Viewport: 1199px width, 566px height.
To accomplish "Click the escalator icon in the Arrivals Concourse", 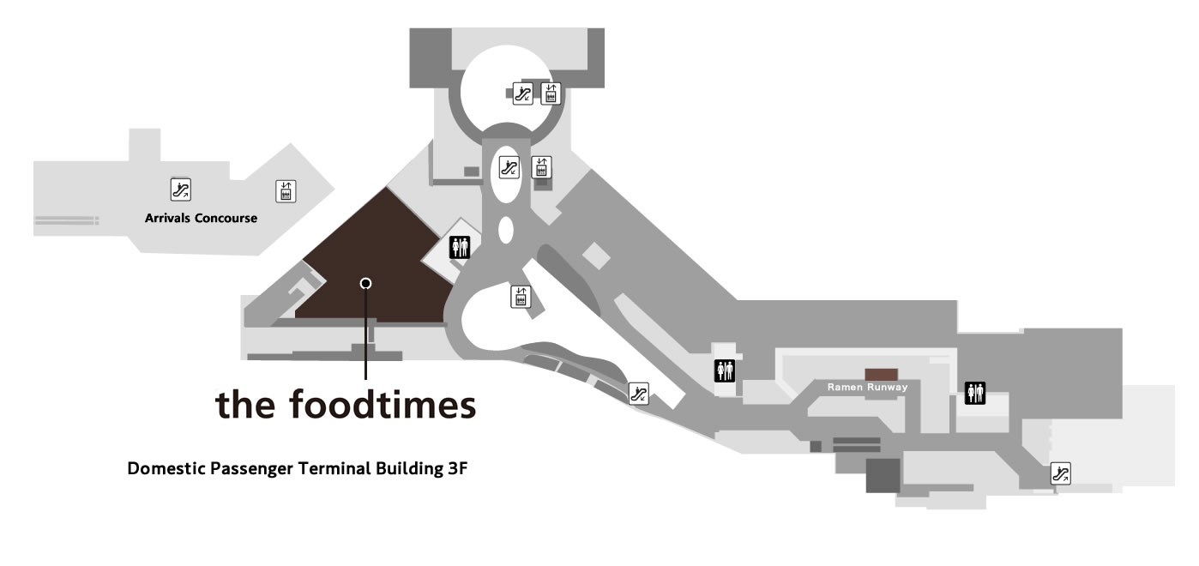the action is coord(181,190).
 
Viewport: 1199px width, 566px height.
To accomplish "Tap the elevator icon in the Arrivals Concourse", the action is coord(286,191).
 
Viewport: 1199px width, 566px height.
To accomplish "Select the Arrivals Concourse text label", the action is coord(201,218).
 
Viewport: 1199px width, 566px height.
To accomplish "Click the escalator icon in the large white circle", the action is coord(522,94).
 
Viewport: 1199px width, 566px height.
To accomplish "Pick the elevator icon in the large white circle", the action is coord(551,93).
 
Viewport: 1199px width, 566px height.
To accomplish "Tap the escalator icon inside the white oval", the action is coord(509,167).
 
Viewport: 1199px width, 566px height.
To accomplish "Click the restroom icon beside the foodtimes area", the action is coord(461,247).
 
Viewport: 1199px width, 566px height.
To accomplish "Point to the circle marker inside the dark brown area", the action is coord(365,283).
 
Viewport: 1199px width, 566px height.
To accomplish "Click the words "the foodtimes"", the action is coord(346,404).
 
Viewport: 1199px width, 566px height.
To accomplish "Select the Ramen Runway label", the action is coord(867,388).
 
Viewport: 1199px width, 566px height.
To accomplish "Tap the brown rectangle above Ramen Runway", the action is coord(881,374).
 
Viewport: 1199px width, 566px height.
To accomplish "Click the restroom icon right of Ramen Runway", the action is coord(975,393).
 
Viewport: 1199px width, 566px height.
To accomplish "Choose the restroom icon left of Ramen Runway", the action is coord(726,370).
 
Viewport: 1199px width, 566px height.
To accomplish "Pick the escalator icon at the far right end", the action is coord(1061,472).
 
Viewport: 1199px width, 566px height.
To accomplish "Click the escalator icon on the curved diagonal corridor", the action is coord(638,394).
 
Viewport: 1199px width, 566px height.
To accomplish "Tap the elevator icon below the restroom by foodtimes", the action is coord(520,297).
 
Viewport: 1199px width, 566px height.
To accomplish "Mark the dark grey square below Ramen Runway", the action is coord(883,475).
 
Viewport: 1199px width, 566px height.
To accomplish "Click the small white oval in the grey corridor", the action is coord(505,230).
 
